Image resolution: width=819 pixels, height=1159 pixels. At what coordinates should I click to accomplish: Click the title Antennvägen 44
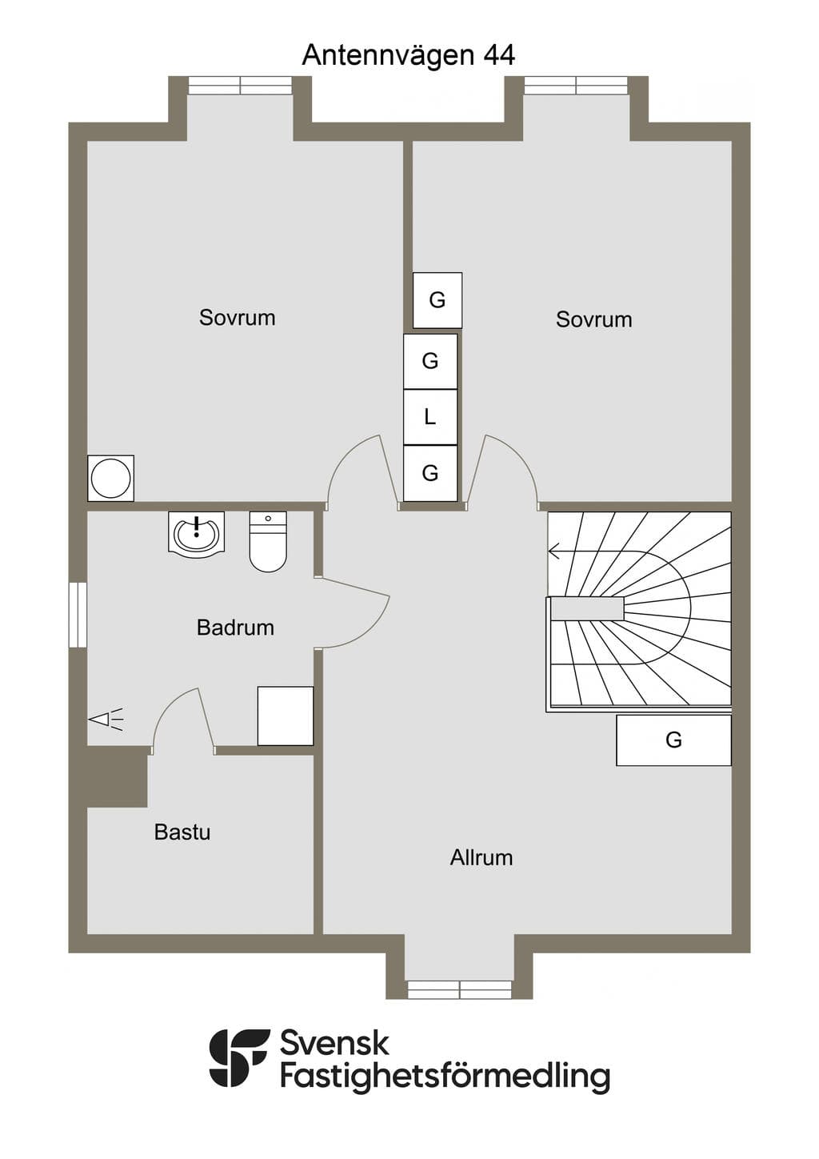[x=409, y=56]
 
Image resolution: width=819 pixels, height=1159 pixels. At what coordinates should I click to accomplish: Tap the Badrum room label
[x=235, y=628]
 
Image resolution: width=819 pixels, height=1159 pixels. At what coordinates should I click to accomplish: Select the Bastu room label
[x=182, y=832]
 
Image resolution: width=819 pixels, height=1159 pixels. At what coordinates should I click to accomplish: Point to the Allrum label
[x=481, y=857]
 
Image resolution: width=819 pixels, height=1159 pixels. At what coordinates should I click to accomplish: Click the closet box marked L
[x=430, y=416]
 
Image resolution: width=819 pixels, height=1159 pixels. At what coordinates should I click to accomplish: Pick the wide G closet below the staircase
[x=673, y=740]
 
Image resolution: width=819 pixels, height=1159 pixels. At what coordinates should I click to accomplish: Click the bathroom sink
[x=196, y=533]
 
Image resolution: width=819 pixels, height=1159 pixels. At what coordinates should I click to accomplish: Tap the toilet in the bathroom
[x=268, y=542]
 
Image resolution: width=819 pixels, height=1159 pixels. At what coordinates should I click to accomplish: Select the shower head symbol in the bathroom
[x=106, y=720]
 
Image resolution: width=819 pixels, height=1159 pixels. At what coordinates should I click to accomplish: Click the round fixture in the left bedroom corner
[x=110, y=478]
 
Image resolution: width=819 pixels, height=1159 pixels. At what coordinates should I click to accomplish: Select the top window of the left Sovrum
[x=240, y=86]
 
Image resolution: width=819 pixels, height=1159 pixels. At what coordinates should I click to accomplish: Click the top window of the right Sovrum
[x=576, y=86]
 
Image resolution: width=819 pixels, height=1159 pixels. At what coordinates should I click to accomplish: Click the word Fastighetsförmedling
[x=445, y=1077]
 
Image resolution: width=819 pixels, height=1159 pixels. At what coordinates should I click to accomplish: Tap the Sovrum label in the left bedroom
[x=238, y=317]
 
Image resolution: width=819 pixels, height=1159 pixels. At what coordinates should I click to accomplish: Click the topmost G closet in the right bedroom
[x=437, y=300]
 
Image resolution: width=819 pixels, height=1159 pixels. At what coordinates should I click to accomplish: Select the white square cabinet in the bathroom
[x=286, y=716]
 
